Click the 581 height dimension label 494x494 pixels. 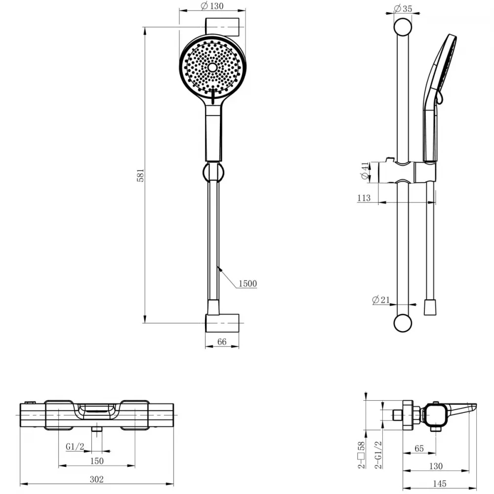[140, 175]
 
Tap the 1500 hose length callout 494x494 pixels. [247, 284]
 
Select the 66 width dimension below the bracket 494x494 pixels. [222, 342]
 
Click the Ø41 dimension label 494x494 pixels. [365, 171]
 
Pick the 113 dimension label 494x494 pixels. [364, 198]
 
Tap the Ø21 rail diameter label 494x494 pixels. [380, 300]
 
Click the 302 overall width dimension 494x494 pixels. [97, 479]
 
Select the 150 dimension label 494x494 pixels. [97, 461]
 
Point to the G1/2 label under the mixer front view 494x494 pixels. [75, 447]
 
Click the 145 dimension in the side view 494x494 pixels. [440, 484]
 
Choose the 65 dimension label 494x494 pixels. [419, 449]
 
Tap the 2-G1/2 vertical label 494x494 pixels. [378, 454]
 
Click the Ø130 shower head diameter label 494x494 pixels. [212, 5]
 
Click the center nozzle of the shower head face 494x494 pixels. [212, 67]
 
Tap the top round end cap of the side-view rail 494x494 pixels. [403, 27]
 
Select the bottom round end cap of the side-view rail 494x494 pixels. [403, 323]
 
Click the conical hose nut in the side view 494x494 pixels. [430, 307]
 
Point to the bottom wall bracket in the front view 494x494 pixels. [222, 323]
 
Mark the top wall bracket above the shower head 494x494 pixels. [222, 27]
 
